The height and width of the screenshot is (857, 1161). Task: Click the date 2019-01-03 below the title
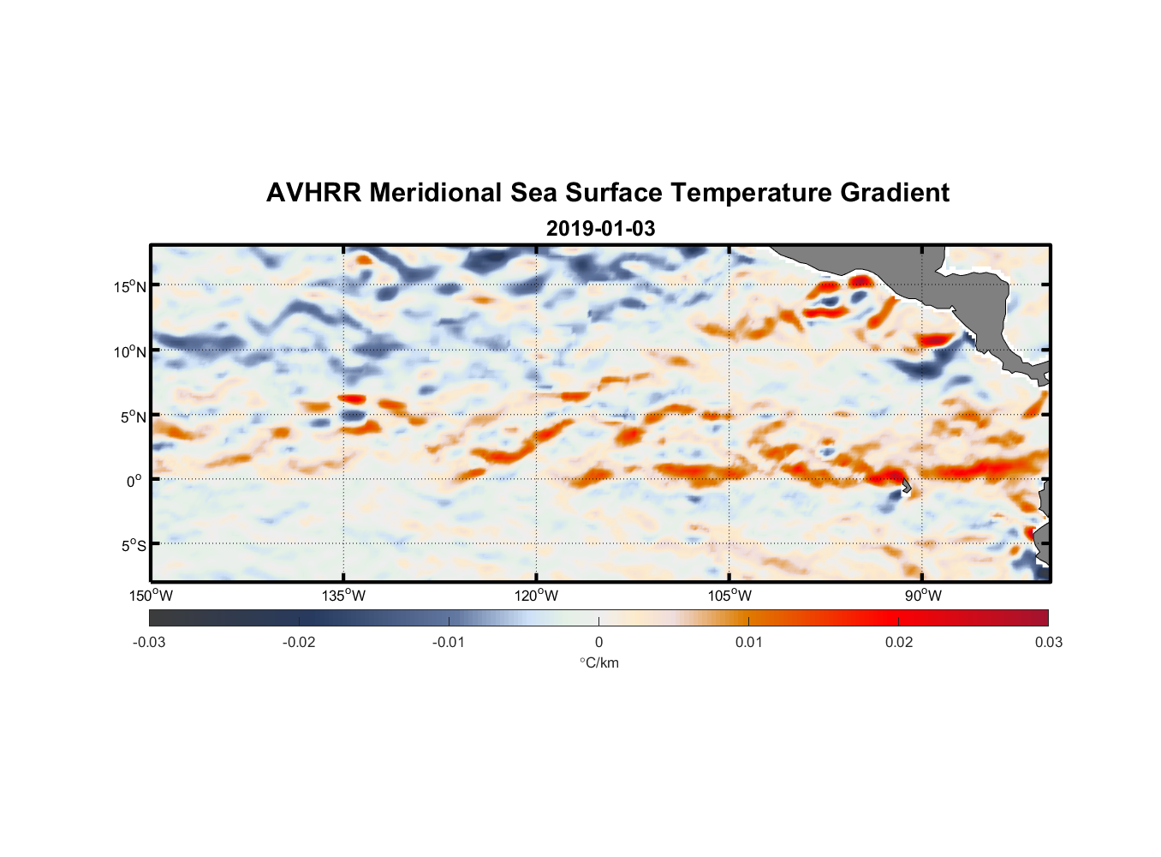coord(600,229)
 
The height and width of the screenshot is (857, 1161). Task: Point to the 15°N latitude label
coord(130,286)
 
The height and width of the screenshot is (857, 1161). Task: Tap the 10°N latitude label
coord(130,351)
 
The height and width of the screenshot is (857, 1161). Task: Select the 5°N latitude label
coord(133,417)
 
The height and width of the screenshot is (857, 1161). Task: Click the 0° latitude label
coord(134,481)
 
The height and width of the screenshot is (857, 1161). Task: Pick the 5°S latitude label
coord(133,545)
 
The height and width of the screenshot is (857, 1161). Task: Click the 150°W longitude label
coord(152,596)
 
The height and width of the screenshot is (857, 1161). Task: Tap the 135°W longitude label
coord(344,596)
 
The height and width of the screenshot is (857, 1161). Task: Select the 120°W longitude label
coord(537,596)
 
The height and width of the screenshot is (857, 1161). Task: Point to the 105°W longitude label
coord(729,596)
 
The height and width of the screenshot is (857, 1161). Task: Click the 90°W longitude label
coord(923,596)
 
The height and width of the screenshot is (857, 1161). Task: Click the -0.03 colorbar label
coord(149,642)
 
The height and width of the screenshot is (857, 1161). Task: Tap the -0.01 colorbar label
coord(449,642)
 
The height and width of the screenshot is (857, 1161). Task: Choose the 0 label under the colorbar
coord(598,642)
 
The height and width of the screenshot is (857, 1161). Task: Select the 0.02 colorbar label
coord(898,642)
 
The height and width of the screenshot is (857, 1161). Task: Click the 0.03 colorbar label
coord(1048,642)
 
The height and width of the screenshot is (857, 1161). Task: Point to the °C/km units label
coord(598,662)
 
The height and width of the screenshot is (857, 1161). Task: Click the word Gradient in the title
coord(895,193)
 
